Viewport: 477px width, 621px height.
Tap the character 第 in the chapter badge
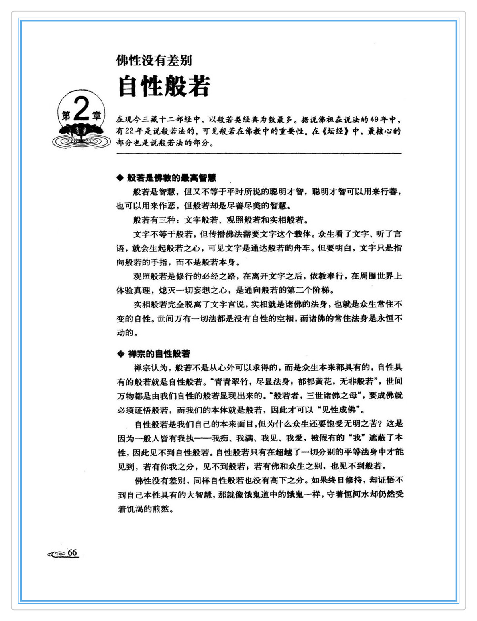[66, 115]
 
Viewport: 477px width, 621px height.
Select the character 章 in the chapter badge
[96, 115]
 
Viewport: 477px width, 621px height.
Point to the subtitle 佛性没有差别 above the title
[154, 61]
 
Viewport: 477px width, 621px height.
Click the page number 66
[72, 552]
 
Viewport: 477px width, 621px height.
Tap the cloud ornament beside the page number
[57, 554]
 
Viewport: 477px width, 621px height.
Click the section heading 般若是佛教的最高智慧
[172, 178]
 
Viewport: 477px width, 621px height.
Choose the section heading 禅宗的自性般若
[159, 354]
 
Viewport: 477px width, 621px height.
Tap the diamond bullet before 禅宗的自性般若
[120, 354]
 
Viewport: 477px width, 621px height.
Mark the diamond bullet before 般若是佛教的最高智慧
[120, 178]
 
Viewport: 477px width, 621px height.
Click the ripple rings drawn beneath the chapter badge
[81, 141]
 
